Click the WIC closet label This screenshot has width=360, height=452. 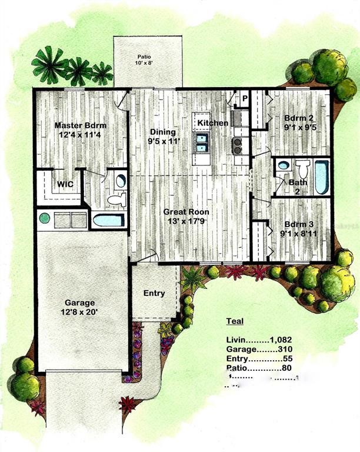point(65,185)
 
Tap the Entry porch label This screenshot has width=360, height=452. point(154,293)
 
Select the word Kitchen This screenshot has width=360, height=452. point(212,122)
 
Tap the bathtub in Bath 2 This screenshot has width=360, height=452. point(322,177)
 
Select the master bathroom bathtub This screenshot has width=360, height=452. point(108,221)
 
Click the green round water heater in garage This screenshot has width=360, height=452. point(44,218)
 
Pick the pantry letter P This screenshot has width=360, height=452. point(245,98)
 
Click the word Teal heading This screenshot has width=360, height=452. point(235,321)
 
